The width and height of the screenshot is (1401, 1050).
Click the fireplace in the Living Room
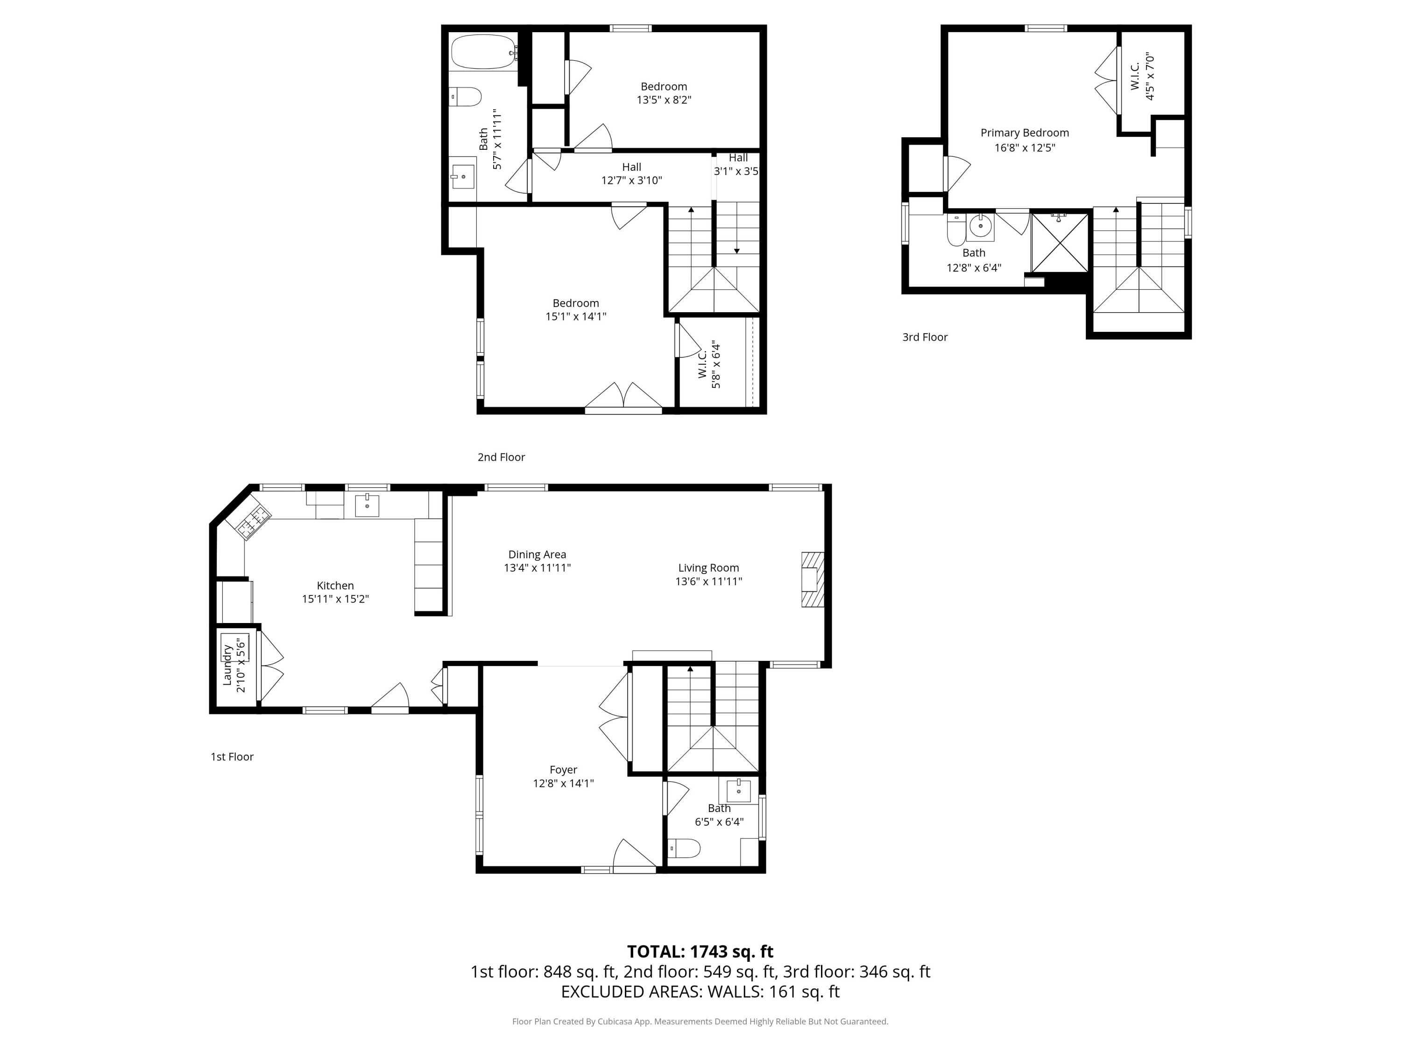(813, 580)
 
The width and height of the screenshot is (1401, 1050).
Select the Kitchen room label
(335, 586)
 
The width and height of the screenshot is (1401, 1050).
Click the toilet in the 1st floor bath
(684, 847)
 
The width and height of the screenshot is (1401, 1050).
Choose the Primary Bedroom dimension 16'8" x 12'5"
(1024, 147)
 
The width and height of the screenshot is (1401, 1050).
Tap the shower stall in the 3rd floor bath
(1060, 242)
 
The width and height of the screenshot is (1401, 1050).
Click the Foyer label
(563, 770)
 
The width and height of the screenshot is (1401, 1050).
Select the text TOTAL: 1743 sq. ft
(700, 951)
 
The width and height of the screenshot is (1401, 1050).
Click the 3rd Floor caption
(925, 337)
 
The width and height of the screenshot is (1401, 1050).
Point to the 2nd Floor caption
(501, 457)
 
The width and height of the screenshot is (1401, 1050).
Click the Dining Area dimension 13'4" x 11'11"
(537, 568)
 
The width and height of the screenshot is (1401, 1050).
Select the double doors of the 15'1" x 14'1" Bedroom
(623, 397)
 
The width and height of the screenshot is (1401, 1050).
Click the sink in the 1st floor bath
(738, 791)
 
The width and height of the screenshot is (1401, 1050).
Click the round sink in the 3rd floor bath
(980, 226)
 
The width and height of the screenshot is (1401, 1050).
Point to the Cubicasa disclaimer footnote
(700, 1021)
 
